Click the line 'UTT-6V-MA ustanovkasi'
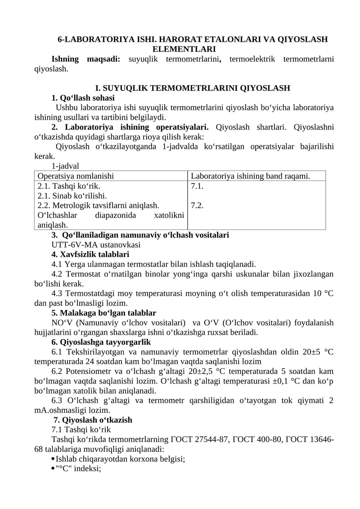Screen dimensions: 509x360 (x=96, y=245)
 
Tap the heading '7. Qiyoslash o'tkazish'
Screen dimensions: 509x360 (x=93, y=420)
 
